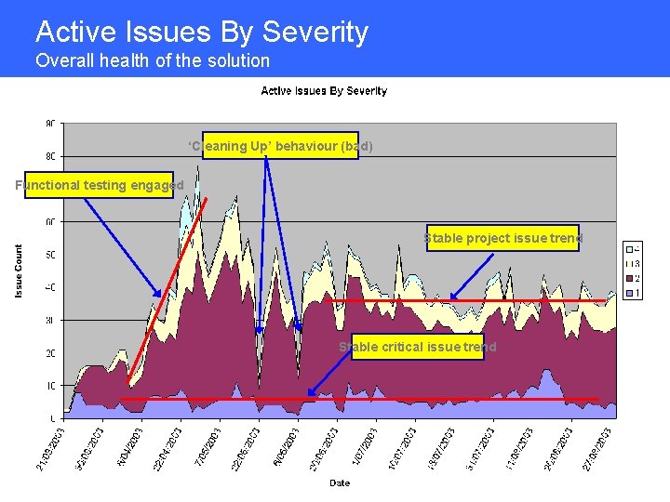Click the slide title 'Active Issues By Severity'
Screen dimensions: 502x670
click(202, 33)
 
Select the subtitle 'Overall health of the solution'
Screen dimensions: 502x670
click(153, 61)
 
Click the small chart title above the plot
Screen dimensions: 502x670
click(324, 91)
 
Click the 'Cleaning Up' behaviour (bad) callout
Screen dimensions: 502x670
click(280, 146)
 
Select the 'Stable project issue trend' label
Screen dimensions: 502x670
click(502, 238)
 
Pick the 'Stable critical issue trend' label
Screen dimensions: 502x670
click(417, 347)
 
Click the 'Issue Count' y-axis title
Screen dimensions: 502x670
click(19, 271)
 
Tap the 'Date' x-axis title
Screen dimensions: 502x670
click(340, 482)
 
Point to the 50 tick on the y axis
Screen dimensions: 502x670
click(50, 255)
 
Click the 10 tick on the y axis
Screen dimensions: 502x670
click(50, 385)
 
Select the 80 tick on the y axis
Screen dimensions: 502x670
click(50, 156)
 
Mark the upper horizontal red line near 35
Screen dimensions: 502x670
click(465, 301)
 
